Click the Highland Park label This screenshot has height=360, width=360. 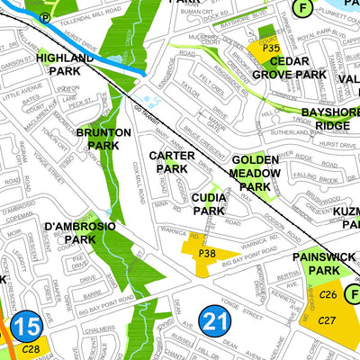pyautogui.click(x=64, y=64)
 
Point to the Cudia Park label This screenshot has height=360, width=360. pyautogui.click(x=208, y=203)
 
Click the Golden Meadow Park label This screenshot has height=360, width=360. pyautogui.click(x=256, y=172)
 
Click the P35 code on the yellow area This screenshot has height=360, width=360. pyautogui.click(x=262, y=47)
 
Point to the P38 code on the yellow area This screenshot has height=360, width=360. pyautogui.click(x=206, y=255)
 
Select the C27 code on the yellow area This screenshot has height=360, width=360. pyautogui.click(x=328, y=321)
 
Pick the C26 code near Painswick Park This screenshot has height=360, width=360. pyautogui.click(x=328, y=295)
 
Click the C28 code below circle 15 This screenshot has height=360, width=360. pyautogui.click(x=31, y=348)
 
